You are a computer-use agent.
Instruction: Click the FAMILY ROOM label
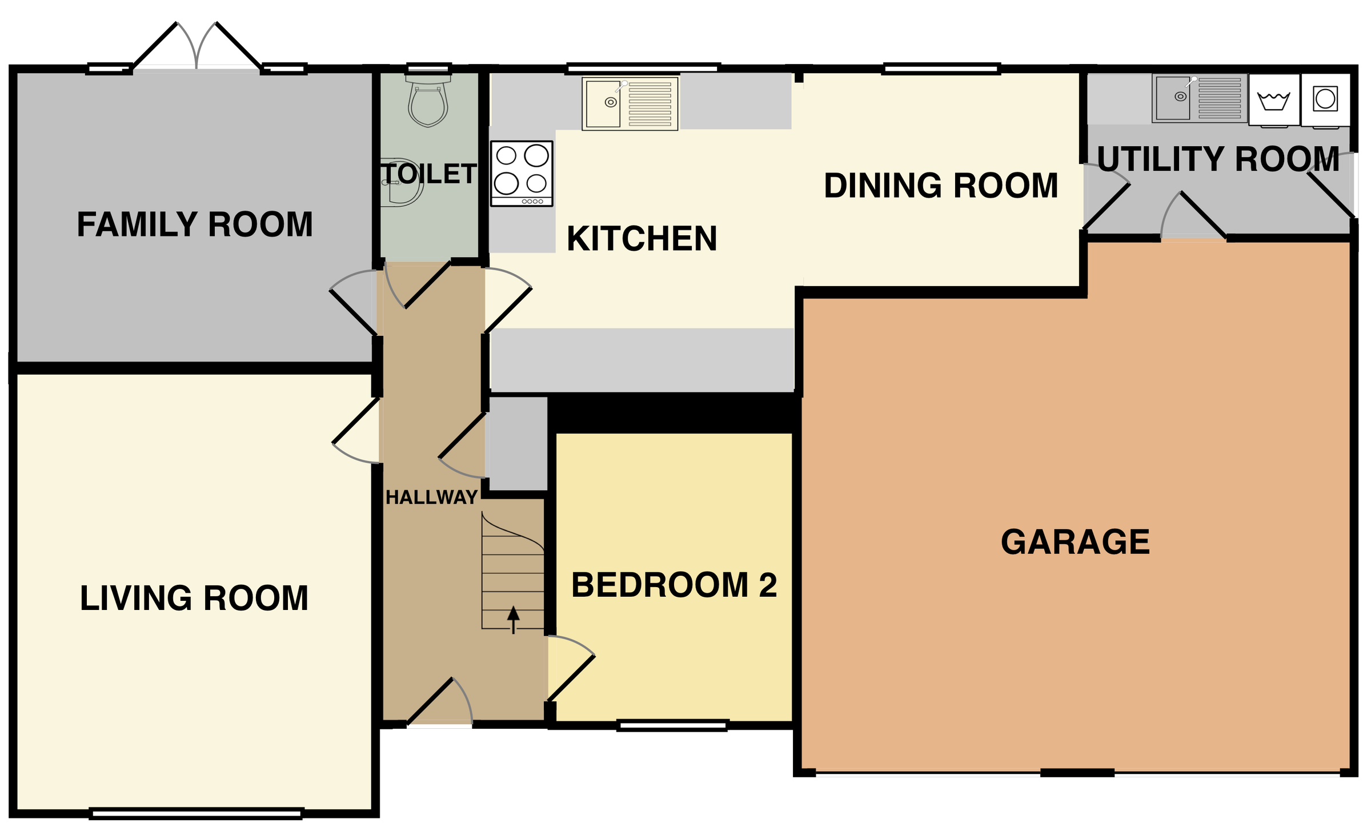tap(195, 224)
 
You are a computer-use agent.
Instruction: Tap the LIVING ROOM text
tap(194, 598)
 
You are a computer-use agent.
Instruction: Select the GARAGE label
tap(1075, 542)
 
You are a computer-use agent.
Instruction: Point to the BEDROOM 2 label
tap(674, 585)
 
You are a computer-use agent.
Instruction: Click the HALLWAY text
tap(431, 497)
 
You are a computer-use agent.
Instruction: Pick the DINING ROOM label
tap(941, 186)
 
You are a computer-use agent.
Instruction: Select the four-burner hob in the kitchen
tap(522, 173)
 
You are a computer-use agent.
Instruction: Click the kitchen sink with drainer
tap(630, 103)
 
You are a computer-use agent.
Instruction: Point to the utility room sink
tap(1198, 98)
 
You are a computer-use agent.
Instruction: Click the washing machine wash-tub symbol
tap(1273, 101)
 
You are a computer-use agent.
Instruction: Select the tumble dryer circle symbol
tap(1325, 99)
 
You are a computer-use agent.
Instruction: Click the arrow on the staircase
tap(514, 619)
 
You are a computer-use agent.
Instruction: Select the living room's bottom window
tap(196, 813)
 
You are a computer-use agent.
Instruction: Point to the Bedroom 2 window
tap(672, 725)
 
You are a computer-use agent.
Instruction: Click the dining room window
tap(941, 69)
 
